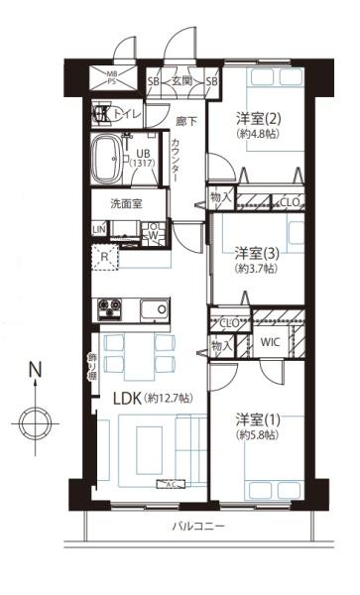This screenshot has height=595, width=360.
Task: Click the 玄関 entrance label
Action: click(x=182, y=81)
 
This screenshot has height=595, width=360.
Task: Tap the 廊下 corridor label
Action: click(x=185, y=122)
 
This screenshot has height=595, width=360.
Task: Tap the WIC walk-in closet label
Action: click(x=271, y=344)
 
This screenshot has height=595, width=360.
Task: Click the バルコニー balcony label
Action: click(x=198, y=525)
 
